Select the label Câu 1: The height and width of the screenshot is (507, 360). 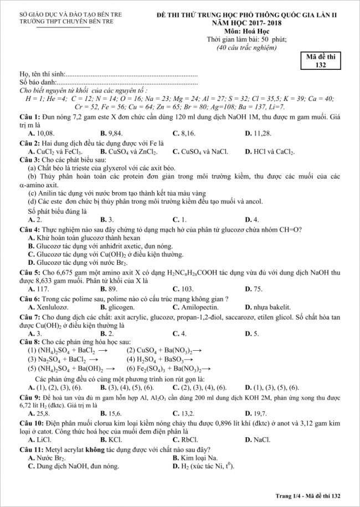(30, 117)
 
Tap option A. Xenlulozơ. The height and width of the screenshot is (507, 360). (48, 306)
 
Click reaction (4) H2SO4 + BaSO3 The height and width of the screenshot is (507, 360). (160, 360)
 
